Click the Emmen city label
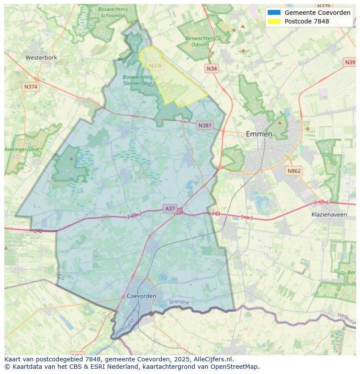click(259, 134)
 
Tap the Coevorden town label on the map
click(142, 296)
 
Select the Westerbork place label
click(41, 57)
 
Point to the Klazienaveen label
click(329, 214)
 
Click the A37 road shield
click(170, 209)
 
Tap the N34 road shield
click(211, 69)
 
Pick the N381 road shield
click(204, 126)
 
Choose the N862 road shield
click(293, 171)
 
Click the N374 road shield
click(31, 87)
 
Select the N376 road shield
click(155, 66)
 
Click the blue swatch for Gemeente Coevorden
click(274, 13)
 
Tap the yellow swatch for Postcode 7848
click(274, 21)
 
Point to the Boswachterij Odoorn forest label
click(200, 41)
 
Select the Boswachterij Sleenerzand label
click(137, 80)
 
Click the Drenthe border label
click(179, 302)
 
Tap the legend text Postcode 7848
click(307, 21)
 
